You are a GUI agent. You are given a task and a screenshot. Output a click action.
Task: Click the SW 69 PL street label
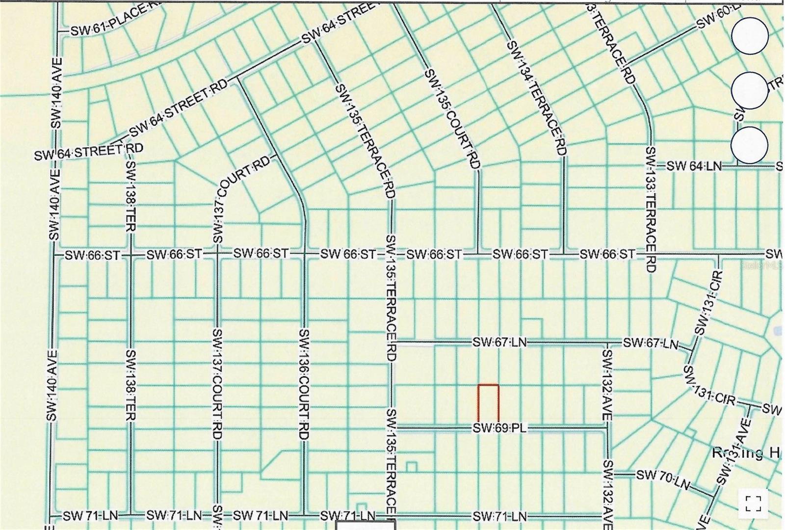499,428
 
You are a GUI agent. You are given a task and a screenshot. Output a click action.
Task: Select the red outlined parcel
488,403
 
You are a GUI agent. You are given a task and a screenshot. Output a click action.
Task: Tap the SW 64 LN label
694,166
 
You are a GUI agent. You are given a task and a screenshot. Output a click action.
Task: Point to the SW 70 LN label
663,479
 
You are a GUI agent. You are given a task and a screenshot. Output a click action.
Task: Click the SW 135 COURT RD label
452,119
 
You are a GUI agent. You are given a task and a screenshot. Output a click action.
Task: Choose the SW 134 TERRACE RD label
537,98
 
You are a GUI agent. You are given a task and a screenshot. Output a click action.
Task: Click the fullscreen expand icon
753,503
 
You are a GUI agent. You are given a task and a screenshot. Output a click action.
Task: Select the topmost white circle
750,36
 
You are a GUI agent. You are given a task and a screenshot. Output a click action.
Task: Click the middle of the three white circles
749,90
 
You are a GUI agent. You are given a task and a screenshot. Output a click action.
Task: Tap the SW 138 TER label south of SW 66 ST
131,385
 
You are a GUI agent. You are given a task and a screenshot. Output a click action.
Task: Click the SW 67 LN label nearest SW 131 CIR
651,343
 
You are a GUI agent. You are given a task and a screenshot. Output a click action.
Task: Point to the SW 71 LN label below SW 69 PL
499,516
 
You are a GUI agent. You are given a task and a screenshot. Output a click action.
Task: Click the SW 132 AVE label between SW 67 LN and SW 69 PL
607,385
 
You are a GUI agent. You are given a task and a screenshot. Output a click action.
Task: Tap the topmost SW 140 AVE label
56,93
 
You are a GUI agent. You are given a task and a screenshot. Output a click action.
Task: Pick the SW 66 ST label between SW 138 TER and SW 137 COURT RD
174,254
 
